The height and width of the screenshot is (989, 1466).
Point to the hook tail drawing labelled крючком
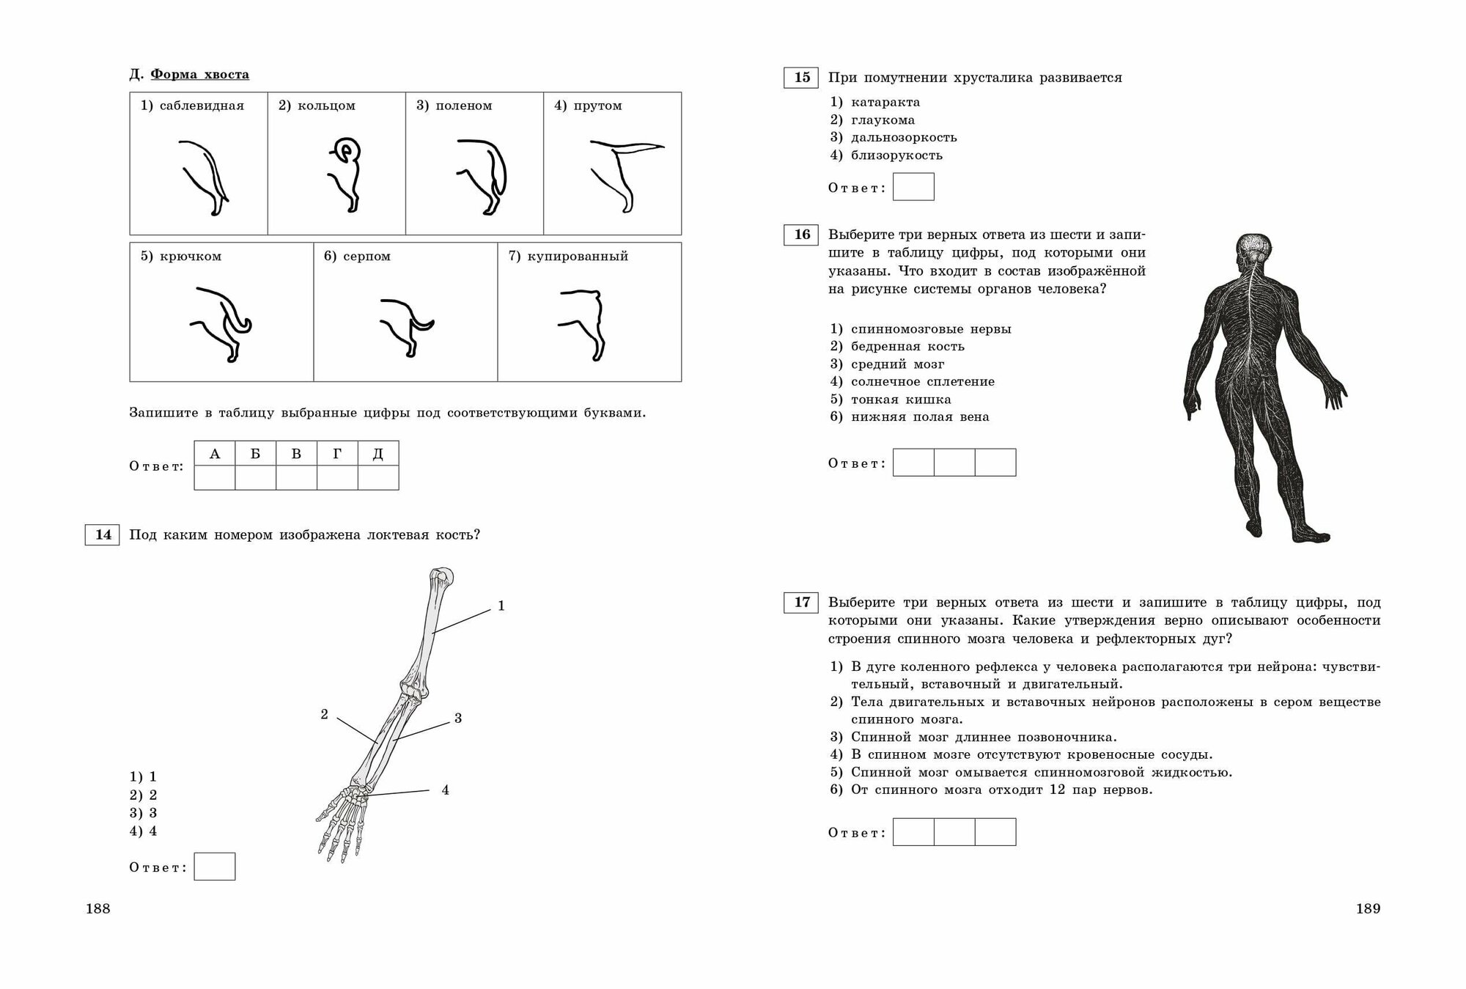click(x=223, y=323)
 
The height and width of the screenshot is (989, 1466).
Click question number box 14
click(x=102, y=534)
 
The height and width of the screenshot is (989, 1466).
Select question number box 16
click(x=801, y=235)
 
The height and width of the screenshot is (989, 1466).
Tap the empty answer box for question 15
click(x=913, y=187)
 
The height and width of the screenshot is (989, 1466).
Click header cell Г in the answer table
click(x=337, y=454)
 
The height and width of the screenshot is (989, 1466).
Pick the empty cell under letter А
click(x=215, y=477)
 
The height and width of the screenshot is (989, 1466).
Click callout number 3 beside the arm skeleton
click(x=458, y=718)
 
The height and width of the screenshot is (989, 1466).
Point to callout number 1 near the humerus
click(x=501, y=606)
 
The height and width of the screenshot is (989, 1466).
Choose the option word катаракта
click(x=885, y=102)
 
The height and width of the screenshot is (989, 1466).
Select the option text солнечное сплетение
click(x=922, y=381)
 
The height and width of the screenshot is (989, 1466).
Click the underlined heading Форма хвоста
click(x=199, y=74)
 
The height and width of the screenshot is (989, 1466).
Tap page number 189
click(x=1368, y=908)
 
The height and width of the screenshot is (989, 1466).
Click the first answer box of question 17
click(x=913, y=832)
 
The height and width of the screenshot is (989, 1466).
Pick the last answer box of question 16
click(x=995, y=463)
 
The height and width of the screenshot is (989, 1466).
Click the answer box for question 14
click(x=215, y=867)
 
